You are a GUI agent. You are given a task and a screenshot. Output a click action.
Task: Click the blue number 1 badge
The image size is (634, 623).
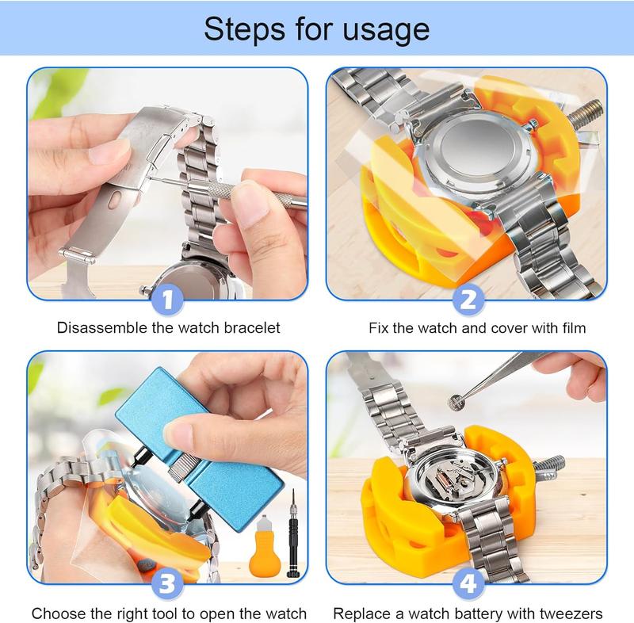(x=167, y=300)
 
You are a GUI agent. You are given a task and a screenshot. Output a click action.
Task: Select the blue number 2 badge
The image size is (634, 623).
(x=468, y=300)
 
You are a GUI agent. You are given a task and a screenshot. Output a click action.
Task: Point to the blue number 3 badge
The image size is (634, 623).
(x=167, y=584)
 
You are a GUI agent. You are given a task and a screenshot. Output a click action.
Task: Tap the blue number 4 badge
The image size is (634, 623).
(x=468, y=584)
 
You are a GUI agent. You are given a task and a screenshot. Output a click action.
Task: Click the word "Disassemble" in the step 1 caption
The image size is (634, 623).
(x=102, y=327)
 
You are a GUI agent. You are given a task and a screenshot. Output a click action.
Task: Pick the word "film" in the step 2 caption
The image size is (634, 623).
(x=574, y=327)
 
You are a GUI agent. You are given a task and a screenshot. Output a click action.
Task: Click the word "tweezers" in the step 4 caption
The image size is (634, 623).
(x=571, y=613)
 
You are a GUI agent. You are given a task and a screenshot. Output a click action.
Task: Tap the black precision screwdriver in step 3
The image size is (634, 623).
(x=292, y=533)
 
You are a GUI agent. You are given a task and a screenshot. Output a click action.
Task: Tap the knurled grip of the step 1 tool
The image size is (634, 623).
(x=215, y=189)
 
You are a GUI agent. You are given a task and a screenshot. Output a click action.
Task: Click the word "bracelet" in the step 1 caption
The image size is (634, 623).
(x=252, y=327)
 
